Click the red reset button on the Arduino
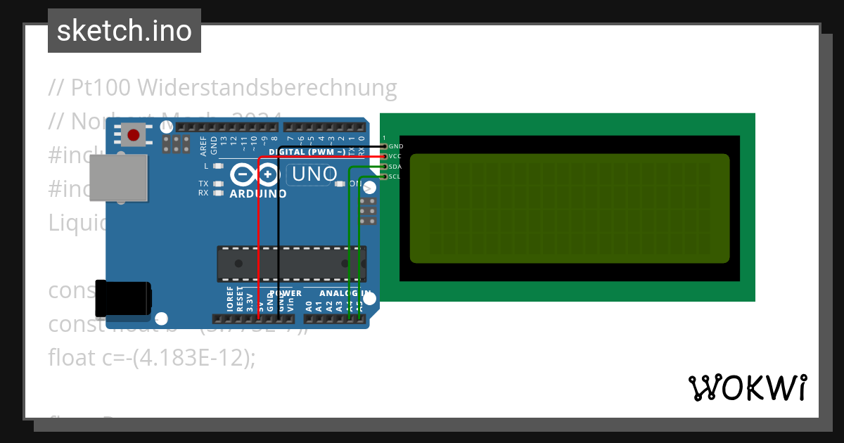pos(133,134)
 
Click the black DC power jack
pos(123,298)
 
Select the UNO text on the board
pos(314,174)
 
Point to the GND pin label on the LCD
pos(395,146)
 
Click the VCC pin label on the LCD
pos(395,156)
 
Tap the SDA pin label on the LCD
pos(395,167)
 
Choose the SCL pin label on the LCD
pos(395,176)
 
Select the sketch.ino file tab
pos(124,31)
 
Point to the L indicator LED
pos(218,167)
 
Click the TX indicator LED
pos(218,184)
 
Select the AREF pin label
pos(204,146)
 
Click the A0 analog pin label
pos(309,306)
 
